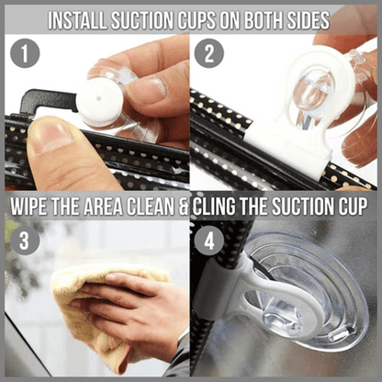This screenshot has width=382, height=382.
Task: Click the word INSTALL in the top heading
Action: [82, 18]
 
